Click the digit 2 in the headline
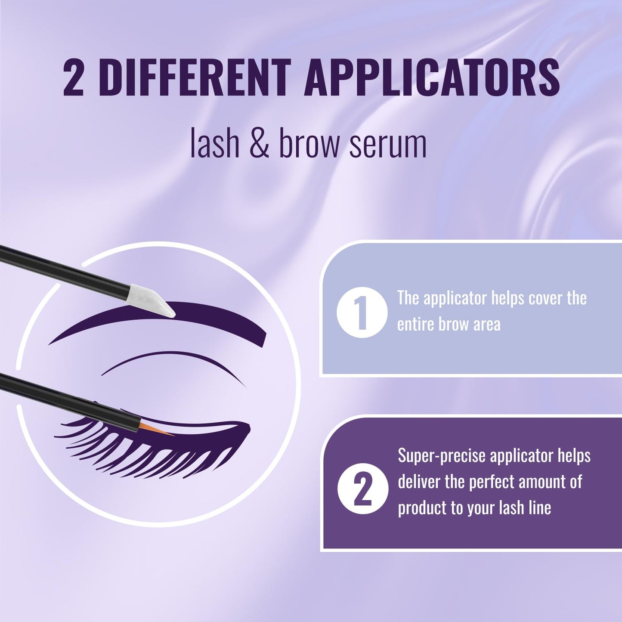73,78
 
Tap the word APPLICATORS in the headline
432,78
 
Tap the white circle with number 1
362,312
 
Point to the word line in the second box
540,508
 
